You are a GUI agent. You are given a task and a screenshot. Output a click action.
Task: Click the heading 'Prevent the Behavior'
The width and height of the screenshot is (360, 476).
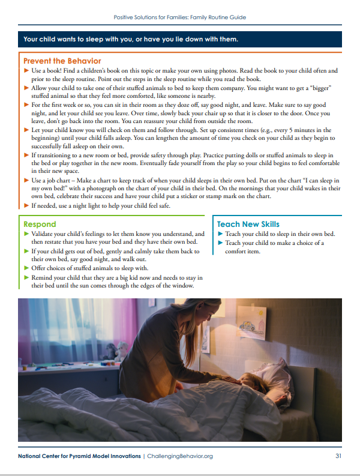(x=62, y=61)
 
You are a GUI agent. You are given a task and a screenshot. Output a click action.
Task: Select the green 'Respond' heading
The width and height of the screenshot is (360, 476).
(x=40, y=224)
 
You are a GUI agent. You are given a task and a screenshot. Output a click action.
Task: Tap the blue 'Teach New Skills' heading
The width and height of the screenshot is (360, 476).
(x=248, y=224)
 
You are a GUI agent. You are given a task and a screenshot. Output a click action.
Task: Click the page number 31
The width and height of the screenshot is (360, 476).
(x=338, y=456)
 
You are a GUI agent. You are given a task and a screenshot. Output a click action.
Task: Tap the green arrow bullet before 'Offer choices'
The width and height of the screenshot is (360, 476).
(x=26, y=268)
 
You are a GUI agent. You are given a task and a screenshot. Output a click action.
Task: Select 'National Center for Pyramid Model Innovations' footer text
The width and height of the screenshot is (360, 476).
(x=80, y=456)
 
